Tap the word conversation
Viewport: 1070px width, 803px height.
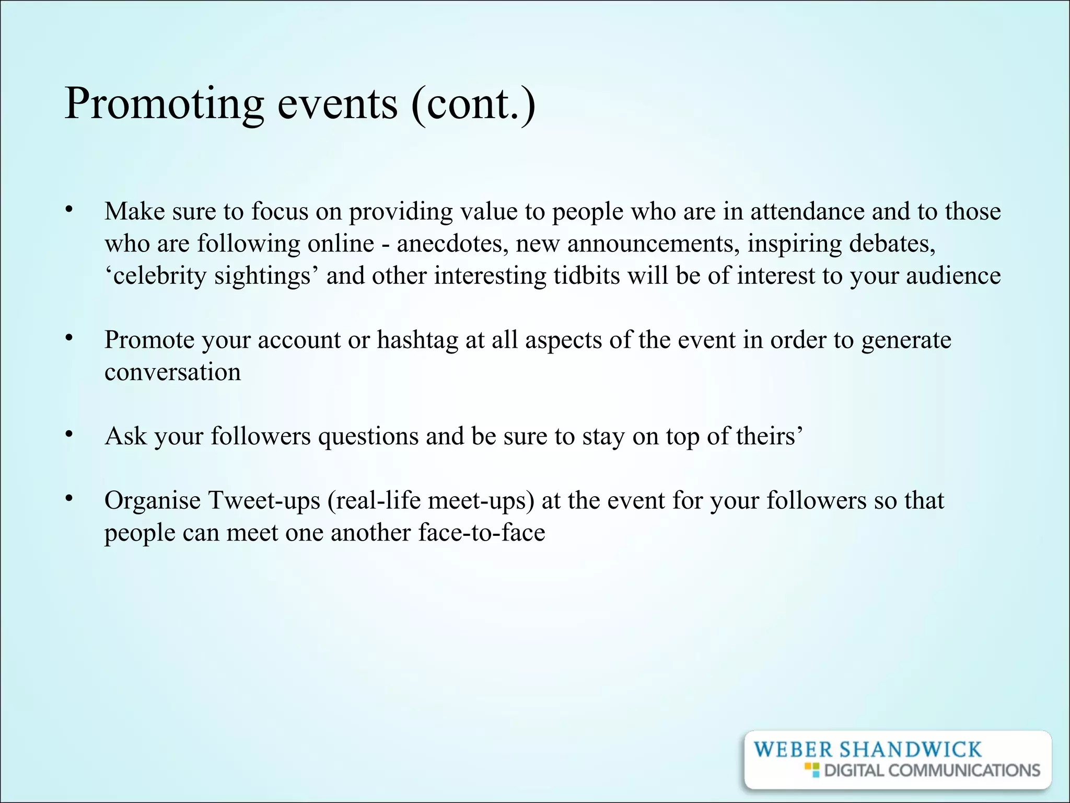(172, 372)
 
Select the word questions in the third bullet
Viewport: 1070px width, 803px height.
(368, 437)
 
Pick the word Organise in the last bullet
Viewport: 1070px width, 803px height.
(153, 501)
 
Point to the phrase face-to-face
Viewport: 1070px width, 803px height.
(481, 533)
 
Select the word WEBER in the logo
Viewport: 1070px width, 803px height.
(793, 750)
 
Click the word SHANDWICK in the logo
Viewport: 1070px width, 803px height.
(910, 750)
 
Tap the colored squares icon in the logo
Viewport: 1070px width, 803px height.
(811, 770)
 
